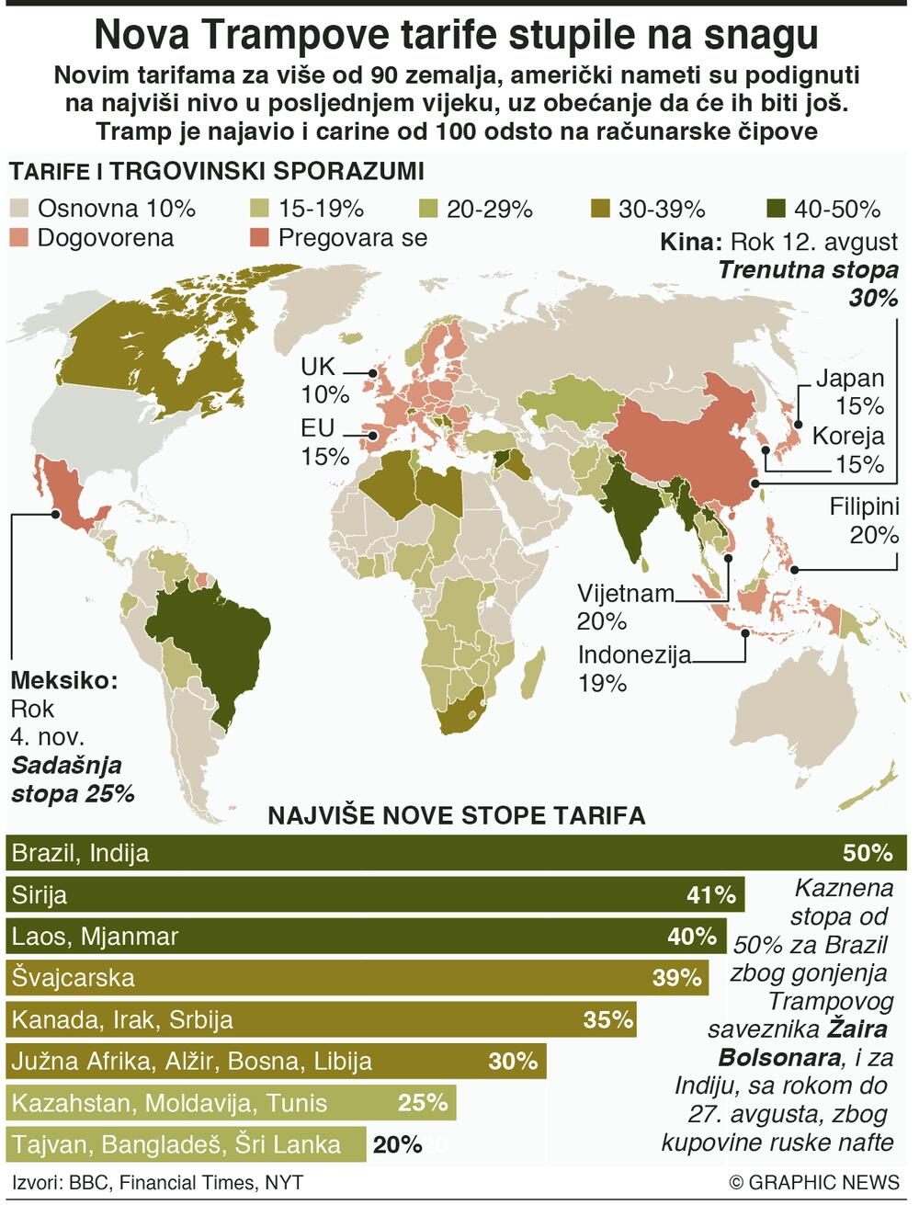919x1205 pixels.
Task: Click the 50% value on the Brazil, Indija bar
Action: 868,853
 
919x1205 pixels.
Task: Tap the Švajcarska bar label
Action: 73,978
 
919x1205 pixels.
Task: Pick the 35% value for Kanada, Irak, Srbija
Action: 607,1019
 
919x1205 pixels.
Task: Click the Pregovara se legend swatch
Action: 261,238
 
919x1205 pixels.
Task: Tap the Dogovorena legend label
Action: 106,238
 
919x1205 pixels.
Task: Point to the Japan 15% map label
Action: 849,392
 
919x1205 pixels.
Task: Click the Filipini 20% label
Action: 863,520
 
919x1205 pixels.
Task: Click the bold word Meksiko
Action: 64,682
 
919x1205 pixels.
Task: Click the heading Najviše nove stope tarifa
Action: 456,816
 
